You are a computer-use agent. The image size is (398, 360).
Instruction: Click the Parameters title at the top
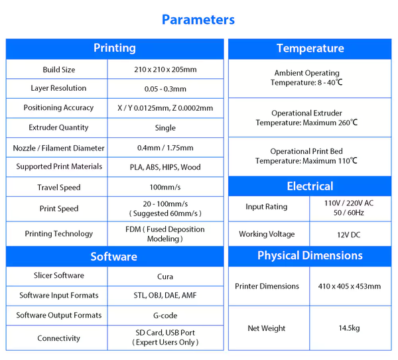pos(198,20)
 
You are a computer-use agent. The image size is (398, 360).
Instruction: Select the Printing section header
pos(115,48)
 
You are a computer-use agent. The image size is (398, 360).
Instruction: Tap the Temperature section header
pos(310,48)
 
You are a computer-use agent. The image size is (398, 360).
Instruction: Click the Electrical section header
pos(310,186)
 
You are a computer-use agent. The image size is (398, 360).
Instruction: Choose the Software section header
pos(114,257)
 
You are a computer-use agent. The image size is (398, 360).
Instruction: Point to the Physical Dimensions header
pos(310,255)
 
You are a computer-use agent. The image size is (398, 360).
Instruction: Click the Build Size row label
pos(59,70)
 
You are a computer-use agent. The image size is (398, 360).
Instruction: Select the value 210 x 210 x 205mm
pos(165,70)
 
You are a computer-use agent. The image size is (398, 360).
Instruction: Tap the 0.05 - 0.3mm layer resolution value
pos(165,89)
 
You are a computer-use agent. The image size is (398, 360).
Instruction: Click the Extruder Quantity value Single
pos(165,127)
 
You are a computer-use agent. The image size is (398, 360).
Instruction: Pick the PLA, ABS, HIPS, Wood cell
pos(165,167)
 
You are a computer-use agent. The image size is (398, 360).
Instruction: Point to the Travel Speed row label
pos(59,187)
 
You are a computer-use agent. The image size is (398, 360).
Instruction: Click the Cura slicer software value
pos(165,276)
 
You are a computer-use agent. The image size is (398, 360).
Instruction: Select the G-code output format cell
pos(165,316)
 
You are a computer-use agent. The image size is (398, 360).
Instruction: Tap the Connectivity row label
pos(58,338)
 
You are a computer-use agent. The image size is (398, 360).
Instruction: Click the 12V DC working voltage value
pos(349,235)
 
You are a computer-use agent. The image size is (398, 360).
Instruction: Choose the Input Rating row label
pos(267,207)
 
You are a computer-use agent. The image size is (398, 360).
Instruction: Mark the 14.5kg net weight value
pos(350,328)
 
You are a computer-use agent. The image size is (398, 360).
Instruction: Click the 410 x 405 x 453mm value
pos(350,286)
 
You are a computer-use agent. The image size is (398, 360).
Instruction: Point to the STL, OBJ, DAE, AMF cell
pos(165,295)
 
